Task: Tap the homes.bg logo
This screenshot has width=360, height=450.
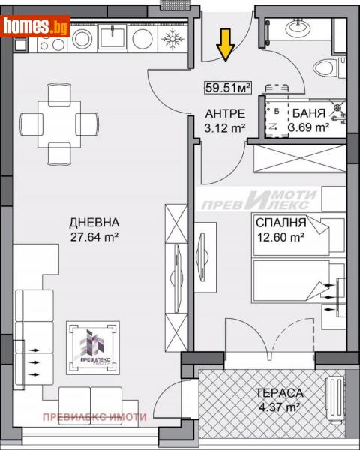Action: pos(36,27)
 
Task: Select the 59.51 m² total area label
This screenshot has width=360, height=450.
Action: pos(227,88)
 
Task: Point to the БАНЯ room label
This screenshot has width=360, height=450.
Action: pos(309,114)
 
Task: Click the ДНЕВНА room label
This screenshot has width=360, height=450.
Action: pos(94,223)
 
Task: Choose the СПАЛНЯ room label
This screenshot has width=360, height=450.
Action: pos(280,223)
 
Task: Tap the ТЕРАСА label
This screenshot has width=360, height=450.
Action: pos(278,392)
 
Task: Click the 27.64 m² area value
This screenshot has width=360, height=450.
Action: pos(94,237)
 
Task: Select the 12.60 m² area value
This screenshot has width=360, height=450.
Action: pos(280,237)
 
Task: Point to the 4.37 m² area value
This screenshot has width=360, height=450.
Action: pos(278,406)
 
